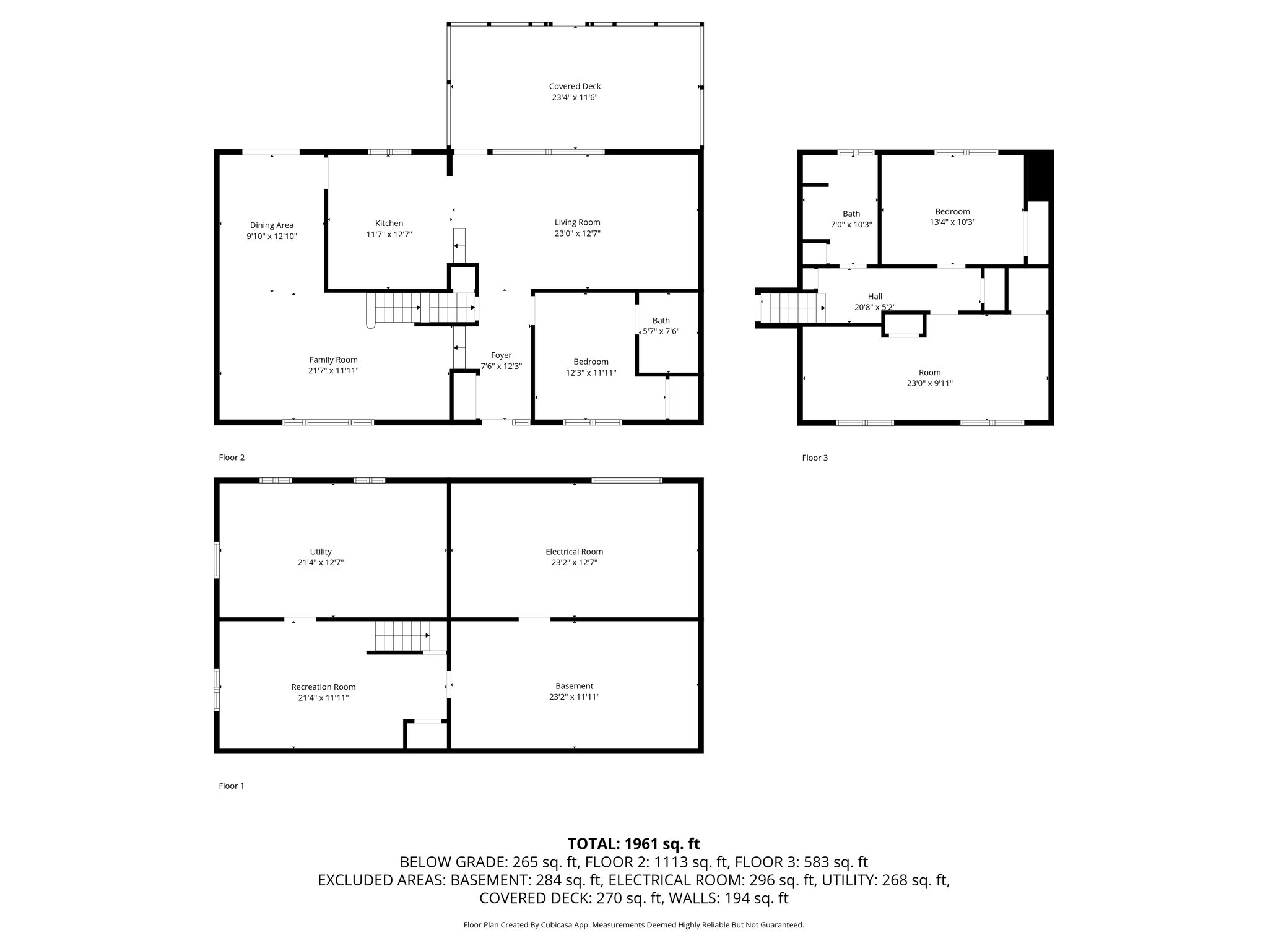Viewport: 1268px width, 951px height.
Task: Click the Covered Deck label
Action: tap(575, 87)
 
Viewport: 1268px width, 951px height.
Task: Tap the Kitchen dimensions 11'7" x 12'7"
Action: tap(389, 235)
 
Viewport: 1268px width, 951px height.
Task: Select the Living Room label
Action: tap(577, 222)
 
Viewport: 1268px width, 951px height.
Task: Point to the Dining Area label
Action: tap(272, 225)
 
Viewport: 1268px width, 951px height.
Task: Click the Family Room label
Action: tap(334, 360)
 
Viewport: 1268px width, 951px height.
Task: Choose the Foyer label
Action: tap(502, 355)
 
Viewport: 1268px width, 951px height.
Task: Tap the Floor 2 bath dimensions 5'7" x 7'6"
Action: tap(661, 332)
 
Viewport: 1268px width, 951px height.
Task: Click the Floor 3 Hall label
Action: tap(875, 297)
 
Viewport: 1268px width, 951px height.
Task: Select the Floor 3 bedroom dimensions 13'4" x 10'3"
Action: tap(952, 222)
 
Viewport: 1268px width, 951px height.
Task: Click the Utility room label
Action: tap(321, 552)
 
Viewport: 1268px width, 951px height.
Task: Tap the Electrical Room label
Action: tap(574, 552)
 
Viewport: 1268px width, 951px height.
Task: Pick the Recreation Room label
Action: tap(323, 687)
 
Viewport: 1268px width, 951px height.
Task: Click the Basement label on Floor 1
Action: tap(574, 686)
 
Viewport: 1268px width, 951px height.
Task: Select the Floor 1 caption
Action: tap(232, 786)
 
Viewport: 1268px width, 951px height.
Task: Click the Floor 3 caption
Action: tap(815, 458)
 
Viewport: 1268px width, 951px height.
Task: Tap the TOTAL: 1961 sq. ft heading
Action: tap(634, 843)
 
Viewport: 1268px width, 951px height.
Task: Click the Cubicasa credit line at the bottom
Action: tap(634, 925)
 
